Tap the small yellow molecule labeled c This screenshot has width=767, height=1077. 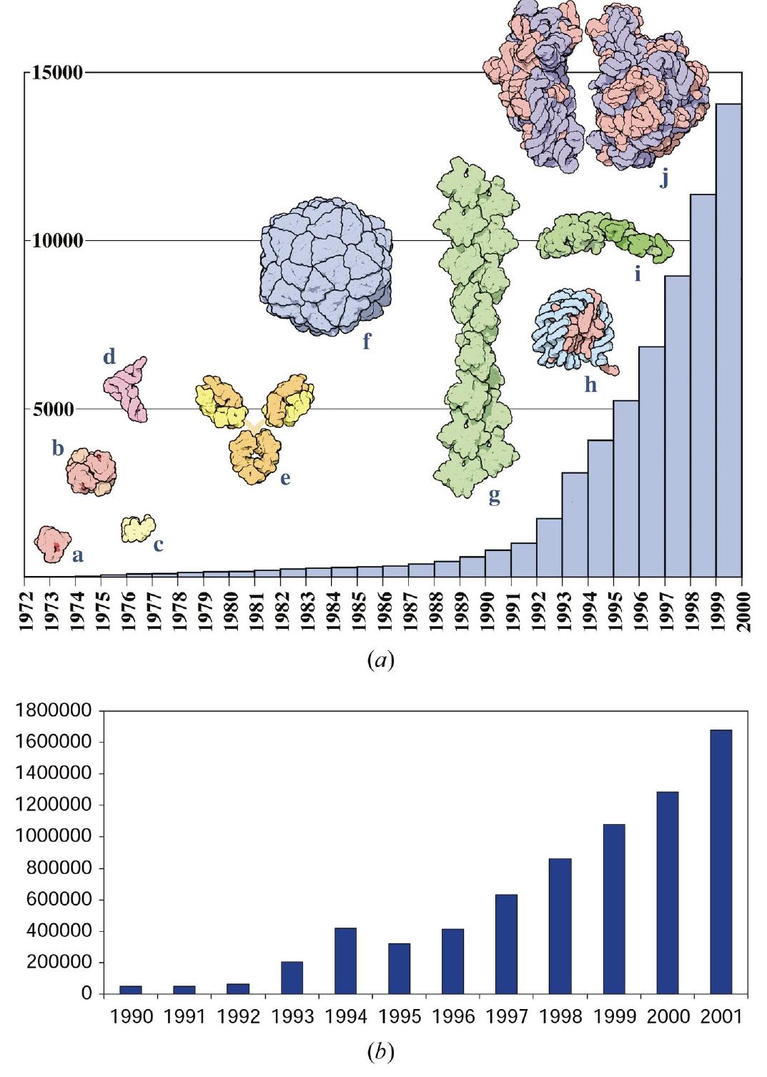137,529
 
